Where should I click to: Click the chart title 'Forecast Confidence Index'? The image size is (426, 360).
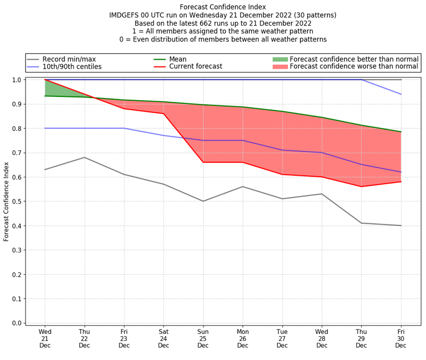[x=223, y=7]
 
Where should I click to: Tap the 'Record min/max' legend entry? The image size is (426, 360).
[x=69, y=59]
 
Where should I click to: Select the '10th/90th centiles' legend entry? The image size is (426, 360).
[x=72, y=67]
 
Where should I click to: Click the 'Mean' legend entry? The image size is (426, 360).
[x=177, y=59]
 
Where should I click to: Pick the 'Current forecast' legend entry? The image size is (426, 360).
[x=195, y=67]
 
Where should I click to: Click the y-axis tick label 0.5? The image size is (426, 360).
[x=17, y=201]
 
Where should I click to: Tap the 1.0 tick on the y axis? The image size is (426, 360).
[x=17, y=80]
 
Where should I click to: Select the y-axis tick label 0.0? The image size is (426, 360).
[x=17, y=323]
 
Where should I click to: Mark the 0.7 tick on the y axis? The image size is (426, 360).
[x=17, y=153]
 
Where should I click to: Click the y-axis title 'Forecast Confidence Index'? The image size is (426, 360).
[x=6, y=201]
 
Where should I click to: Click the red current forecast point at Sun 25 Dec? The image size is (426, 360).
[x=203, y=162]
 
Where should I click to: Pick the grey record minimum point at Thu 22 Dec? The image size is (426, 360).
[x=84, y=157]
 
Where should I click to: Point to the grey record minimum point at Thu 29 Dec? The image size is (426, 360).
[x=362, y=223]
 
